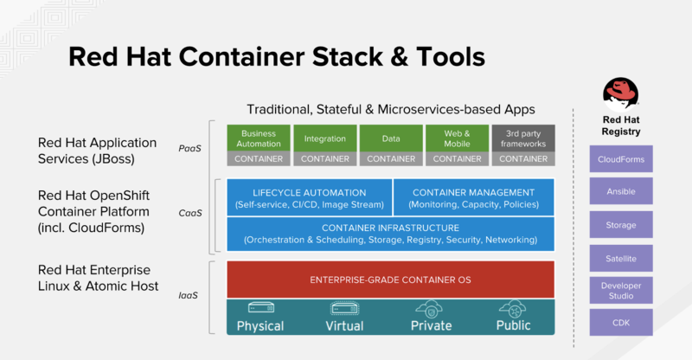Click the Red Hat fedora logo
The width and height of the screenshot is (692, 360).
622,91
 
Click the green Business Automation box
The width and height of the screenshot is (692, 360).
259,138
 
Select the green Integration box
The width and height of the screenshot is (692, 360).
324,138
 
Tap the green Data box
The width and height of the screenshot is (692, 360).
390,138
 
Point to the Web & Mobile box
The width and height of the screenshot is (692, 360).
457,138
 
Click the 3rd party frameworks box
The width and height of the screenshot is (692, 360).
522,138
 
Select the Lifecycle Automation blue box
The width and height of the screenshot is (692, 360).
309,197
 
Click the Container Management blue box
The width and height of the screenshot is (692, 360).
473,197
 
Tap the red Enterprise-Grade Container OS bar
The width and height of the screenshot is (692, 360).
390,279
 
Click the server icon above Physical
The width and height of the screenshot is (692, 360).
260,308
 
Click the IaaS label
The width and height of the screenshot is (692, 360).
189,296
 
